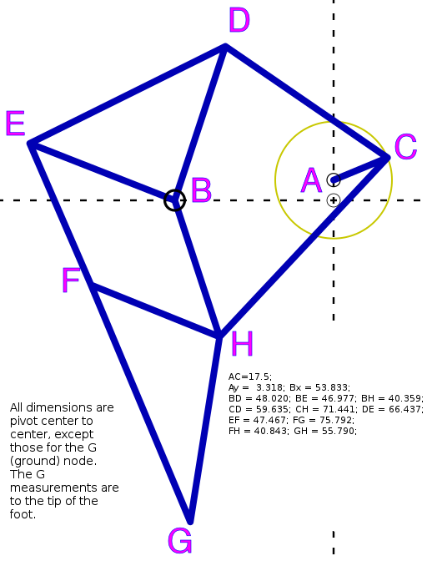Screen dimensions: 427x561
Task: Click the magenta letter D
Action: click(x=239, y=20)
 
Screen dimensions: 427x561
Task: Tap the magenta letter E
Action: click(x=15, y=123)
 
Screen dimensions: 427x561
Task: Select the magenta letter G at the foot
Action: click(x=180, y=541)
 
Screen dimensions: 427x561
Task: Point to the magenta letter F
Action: click(x=71, y=280)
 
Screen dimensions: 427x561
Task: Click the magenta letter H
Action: click(x=242, y=343)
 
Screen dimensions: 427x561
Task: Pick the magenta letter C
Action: click(x=405, y=147)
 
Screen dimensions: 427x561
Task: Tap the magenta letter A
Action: click(x=311, y=180)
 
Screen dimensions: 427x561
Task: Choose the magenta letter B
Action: click(x=202, y=190)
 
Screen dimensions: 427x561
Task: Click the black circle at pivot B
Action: click(x=175, y=190)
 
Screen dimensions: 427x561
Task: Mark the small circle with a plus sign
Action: click(x=334, y=200)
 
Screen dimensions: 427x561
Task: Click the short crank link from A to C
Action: click(x=361, y=169)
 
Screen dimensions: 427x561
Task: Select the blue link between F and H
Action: click(x=155, y=310)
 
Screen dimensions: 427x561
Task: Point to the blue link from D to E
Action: click(x=128, y=94)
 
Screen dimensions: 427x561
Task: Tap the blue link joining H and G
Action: click(x=204, y=428)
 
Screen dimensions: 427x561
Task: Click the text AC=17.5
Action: click(x=250, y=377)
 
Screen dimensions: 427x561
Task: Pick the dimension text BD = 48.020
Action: click(x=259, y=398)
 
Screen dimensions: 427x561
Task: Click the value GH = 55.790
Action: click(x=325, y=431)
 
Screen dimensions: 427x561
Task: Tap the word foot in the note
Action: click(x=23, y=514)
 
